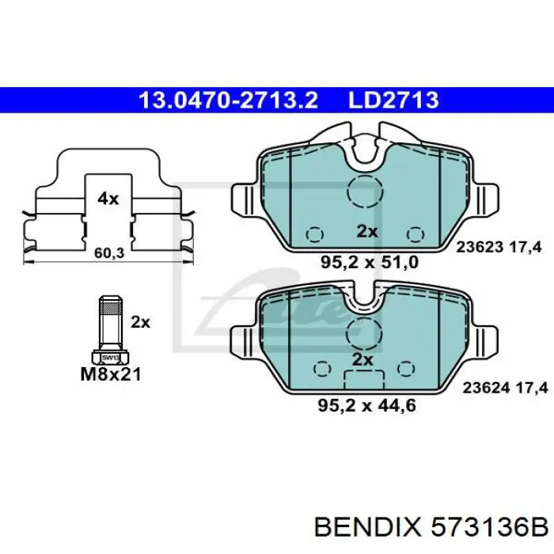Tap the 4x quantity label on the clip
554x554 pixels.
point(108,199)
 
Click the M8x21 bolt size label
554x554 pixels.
point(111,374)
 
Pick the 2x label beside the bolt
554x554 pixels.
point(140,322)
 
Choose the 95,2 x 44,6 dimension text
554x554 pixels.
point(366,406)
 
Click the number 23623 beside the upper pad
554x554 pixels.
point(480,247)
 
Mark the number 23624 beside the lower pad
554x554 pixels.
point(480,388)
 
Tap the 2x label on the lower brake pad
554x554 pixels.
point(362,359)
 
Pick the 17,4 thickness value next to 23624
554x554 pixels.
point(526,388)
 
